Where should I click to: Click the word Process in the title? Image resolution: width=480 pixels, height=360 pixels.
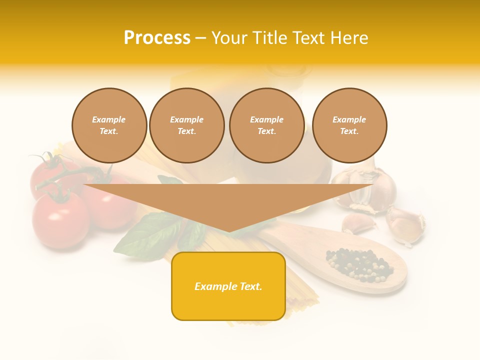pyautogui.click(x=157, y=38)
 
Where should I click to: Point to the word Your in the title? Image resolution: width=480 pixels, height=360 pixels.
pyautogui.click(x=230, y=38)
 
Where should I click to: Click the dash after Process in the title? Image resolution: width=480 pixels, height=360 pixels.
pyautogui.click(x=201, y=38)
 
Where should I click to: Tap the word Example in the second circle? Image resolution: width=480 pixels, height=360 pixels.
pyautogui.click(x=186, y=119)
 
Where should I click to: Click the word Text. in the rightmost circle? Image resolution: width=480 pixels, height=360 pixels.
pyautogui.click(x=349, y=131)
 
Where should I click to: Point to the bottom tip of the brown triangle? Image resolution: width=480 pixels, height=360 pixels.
pyautogui.click(x=228, y=231)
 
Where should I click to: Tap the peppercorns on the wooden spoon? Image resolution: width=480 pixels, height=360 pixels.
pyautogui.click(x=359, y=263)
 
